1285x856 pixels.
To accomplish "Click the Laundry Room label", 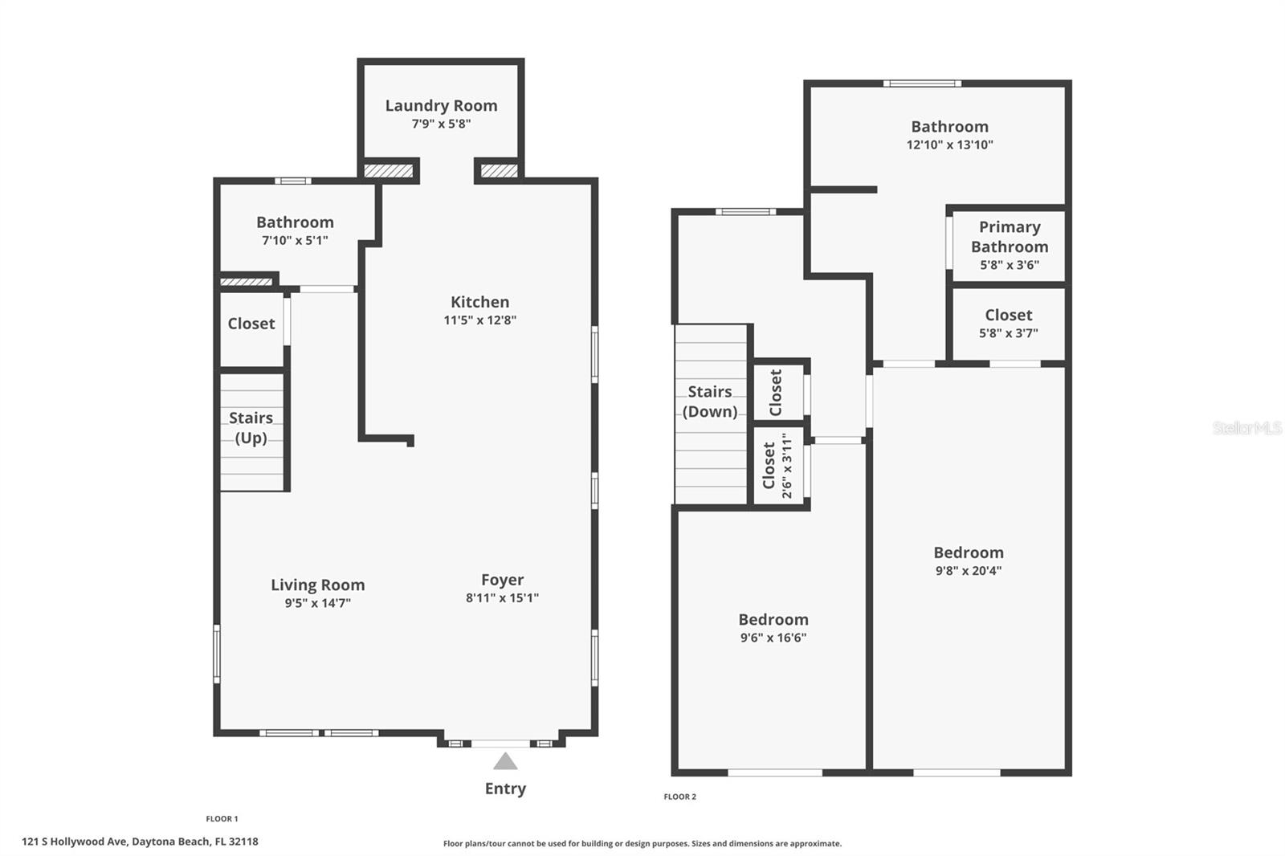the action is coord(441,105).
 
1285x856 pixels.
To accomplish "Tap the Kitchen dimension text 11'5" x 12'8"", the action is coord(480,320).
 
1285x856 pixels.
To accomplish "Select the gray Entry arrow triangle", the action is coord(505,760).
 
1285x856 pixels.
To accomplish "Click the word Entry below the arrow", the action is coord(505,789).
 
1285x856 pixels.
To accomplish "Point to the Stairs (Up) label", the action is coord(251,427).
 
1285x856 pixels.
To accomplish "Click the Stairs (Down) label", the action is coord(710,402).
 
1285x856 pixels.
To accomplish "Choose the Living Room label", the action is coord(318,585).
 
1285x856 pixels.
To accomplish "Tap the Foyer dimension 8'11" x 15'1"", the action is coord(503,597).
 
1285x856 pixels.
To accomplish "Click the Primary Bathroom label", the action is coord(1010,237).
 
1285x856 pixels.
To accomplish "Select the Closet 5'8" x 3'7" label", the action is coord(1009,323).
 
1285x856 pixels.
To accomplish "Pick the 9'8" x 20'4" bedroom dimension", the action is coord(969,570).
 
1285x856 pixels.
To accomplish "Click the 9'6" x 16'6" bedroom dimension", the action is coord(773,638).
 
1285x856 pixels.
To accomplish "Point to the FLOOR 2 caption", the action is coord(679,797).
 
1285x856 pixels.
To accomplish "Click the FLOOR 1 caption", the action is coord(222,819).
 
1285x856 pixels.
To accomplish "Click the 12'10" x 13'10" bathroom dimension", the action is coord(950,145).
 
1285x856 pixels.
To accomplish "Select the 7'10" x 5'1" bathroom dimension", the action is coord(295,240).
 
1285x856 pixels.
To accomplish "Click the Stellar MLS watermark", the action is coord(1247,427).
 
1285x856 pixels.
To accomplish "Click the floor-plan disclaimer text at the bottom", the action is coord(642,843).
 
